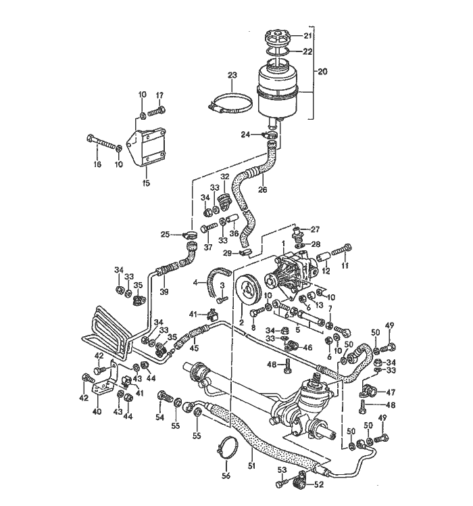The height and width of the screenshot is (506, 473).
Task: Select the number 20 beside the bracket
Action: click(322, 71)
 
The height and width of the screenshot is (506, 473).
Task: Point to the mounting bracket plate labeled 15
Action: click(147, 147)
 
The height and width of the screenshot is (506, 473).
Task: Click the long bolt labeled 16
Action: click(101, 143)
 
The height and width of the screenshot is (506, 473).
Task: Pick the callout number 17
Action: click(160, 95)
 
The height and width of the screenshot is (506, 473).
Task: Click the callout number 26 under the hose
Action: click(263, 189)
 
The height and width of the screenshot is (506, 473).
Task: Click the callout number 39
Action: click(164, 292)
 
